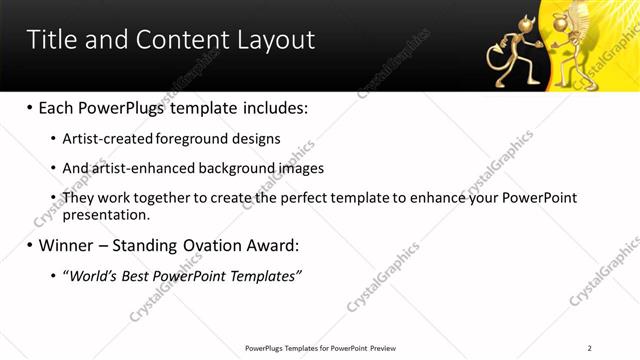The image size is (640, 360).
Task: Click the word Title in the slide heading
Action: pos(53,40)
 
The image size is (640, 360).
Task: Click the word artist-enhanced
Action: pos(137,168)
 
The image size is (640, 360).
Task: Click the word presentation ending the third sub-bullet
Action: pos(105,214)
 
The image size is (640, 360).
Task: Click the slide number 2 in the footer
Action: pos(590,348)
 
